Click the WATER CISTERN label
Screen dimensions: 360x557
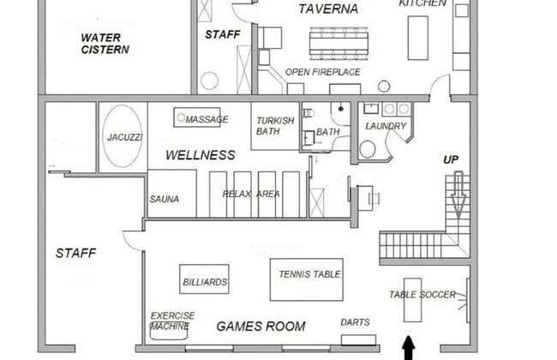105,44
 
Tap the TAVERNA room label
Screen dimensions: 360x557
328,9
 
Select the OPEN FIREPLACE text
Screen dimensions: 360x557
323,72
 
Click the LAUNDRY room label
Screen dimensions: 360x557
385,126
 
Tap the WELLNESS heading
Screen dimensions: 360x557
200,155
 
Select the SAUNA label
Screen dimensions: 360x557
164,199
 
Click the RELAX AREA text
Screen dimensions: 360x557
251,194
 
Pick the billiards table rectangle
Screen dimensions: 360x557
205,280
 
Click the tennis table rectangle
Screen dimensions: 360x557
306,279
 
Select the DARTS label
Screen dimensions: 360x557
355,322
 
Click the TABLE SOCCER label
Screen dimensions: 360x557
422,295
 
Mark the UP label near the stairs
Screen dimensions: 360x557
451,159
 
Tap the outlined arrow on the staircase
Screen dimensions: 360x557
458,194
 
